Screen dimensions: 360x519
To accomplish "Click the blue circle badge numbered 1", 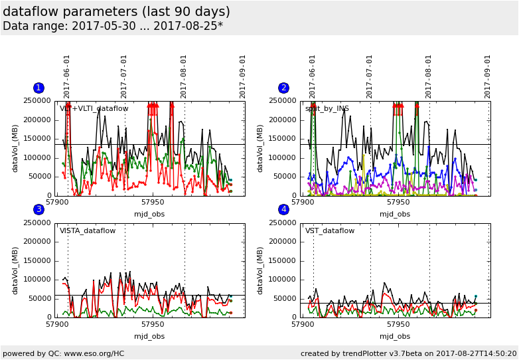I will coord(38,88).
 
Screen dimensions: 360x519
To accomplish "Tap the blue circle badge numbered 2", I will coord(284,88).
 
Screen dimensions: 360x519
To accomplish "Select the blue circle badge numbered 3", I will coord(38,210).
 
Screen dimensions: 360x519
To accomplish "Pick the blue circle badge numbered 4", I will coord(284,210).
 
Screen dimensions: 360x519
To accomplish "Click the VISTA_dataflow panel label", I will coord(88,231).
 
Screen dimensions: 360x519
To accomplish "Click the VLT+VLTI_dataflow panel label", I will coord(94,108).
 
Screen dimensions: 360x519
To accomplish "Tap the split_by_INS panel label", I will coord(327,108).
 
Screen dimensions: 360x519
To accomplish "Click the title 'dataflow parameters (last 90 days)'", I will coord(116,12).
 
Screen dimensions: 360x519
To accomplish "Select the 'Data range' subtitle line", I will coord(113,27).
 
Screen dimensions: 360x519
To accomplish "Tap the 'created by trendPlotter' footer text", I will coord(408,353).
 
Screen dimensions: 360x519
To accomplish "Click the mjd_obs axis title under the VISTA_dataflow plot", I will coord(149,336).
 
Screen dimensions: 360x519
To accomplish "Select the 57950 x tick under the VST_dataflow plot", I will coord(398,324).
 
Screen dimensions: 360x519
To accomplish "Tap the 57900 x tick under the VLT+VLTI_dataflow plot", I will coord(56,202).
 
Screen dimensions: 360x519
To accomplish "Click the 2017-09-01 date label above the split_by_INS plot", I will coord(488,76).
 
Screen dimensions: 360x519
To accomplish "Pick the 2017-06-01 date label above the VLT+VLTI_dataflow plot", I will coord(67,76).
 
